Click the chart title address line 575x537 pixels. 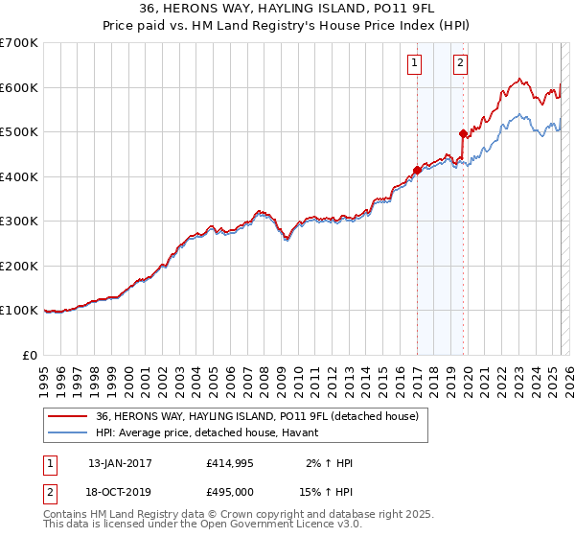coord(287,10)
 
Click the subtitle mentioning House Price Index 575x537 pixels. coord(287,26)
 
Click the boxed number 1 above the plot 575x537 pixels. coord(415,64)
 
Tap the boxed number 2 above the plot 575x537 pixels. coord(461,64)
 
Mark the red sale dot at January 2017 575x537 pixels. coord(417,171)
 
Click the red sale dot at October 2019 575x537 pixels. coord(463,134)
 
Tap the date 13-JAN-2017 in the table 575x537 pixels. coord(120,463)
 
